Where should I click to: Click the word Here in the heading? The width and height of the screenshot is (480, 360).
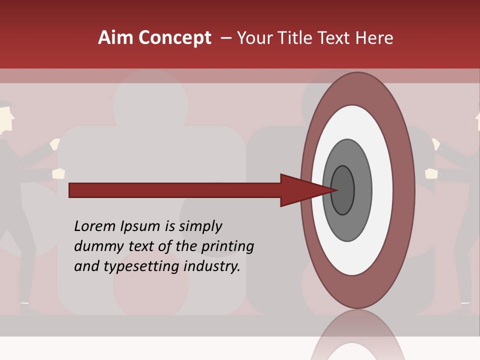pos(374,38)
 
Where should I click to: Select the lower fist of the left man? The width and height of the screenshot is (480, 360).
pos(58,173)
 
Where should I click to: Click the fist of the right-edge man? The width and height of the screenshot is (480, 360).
pos(431,173)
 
